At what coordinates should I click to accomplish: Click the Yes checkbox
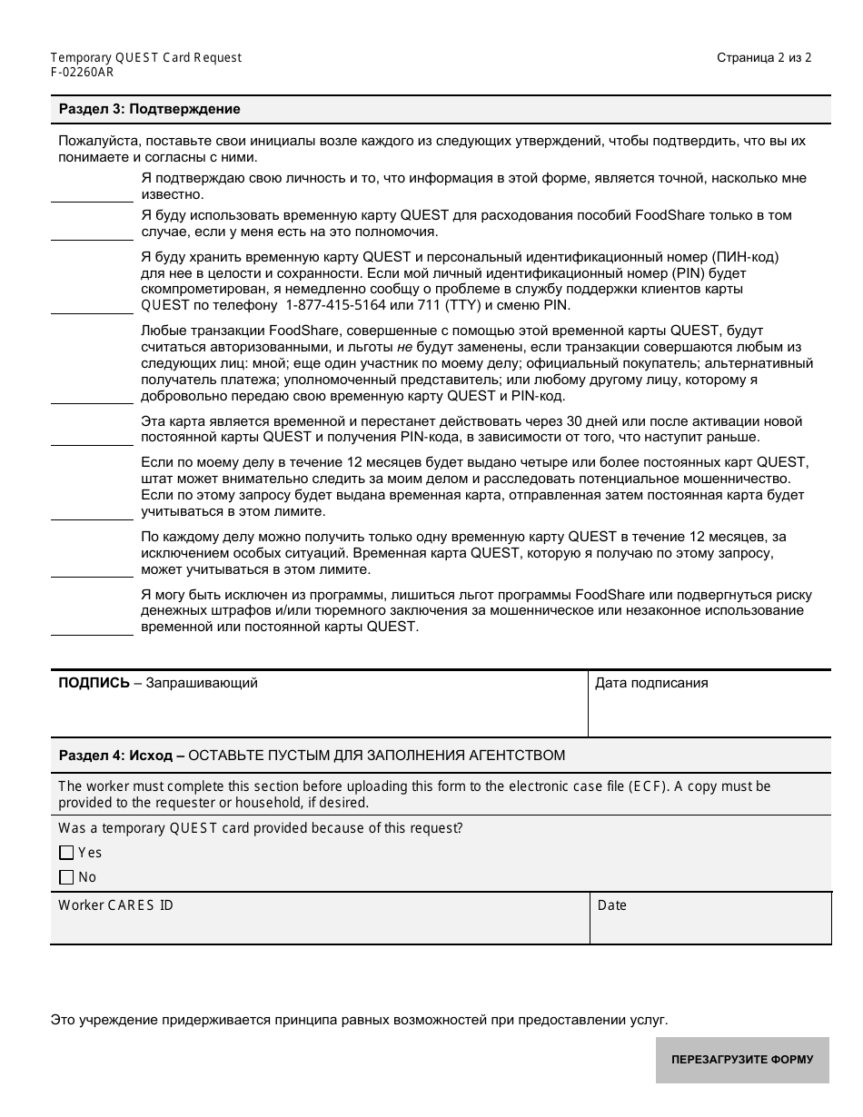(65, 853)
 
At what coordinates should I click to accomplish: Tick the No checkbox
(65, 877)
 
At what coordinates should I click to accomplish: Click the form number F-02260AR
(83, 73)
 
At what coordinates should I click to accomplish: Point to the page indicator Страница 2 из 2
(764, 57)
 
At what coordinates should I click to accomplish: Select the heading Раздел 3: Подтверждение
(149, 109)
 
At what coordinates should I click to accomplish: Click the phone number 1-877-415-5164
(335, 304)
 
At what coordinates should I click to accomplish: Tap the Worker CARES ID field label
(115, 905)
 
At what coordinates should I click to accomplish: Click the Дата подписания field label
(650, 683)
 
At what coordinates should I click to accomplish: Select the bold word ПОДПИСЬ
(94, 683)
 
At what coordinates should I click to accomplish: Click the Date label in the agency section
(611, 905)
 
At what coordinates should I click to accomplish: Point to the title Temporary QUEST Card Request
(146, 57)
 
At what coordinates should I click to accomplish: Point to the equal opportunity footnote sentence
(359, 1020)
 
